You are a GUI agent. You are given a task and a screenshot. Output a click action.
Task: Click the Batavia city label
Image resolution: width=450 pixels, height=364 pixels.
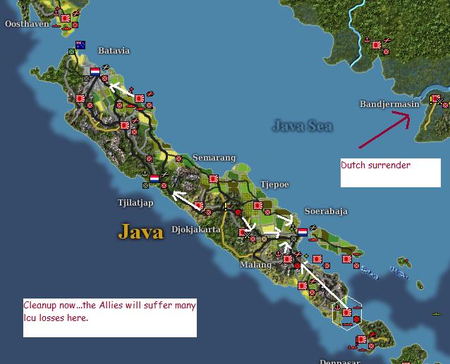click(114, 51)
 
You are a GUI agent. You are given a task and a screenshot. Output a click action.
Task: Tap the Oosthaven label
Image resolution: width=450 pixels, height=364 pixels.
click(27, 24)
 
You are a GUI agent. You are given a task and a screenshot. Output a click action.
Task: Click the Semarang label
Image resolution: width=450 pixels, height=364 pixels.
click(214, 158)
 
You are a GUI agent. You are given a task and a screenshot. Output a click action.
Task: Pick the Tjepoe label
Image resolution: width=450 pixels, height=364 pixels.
click(274, 184)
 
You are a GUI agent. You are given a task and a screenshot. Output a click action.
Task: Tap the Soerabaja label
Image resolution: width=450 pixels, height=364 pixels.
click(325, 211)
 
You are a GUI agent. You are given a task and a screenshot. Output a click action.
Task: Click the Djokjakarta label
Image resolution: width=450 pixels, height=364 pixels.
click(196, 230)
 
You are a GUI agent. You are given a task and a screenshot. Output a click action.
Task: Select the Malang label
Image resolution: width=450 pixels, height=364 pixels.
click(255, 265)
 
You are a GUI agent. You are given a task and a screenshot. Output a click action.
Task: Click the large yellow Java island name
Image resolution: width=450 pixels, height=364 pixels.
click(140, 231)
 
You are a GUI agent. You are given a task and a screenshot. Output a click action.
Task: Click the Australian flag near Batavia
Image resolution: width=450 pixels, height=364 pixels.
click(80, 45)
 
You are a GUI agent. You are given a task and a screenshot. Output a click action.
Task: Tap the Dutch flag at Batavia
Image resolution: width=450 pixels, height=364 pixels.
click(95, 71)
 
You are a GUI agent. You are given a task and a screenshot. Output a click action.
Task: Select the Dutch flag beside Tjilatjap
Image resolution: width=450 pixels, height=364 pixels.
click(154, 179)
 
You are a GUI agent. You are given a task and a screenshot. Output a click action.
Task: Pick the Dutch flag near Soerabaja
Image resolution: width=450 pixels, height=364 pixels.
click(303, 231)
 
